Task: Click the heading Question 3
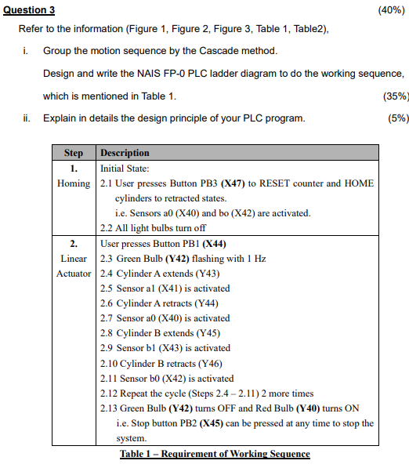point(29,9)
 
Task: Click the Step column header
point(73,153)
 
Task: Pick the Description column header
point(125,153)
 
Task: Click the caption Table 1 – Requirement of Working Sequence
point(215,454)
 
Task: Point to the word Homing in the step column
point(74,183)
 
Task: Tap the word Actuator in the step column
point(74,274)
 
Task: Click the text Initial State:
point(125,168)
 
